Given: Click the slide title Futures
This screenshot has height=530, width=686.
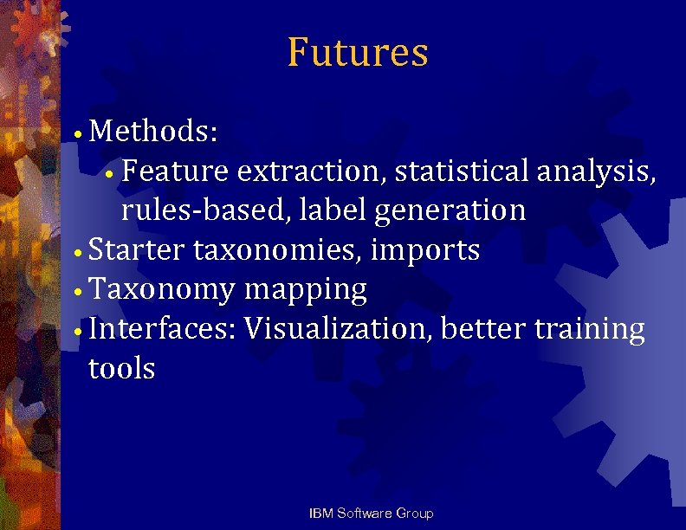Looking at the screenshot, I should pos(358,52).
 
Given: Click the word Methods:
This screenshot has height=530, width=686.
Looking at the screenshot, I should pos(153,132).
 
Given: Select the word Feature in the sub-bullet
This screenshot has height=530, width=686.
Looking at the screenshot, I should pos(176,171).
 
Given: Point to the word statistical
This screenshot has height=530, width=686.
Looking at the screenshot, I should pos(462,171).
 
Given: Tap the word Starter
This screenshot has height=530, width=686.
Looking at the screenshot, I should pos(137,250).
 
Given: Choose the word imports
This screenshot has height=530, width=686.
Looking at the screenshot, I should pos(424,251).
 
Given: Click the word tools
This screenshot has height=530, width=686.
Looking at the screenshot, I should pos(122,369).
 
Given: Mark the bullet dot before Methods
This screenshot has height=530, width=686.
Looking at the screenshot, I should pos(78,135).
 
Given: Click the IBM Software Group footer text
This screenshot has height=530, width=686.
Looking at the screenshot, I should pos(372,514).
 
